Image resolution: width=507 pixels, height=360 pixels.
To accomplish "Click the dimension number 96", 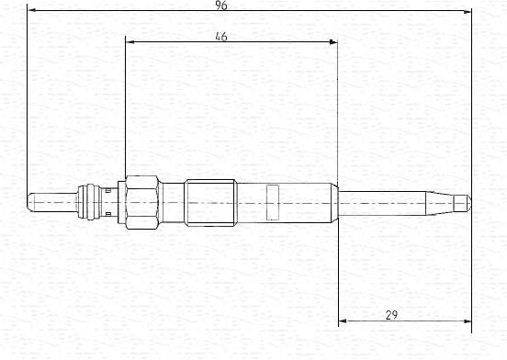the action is [221, 6].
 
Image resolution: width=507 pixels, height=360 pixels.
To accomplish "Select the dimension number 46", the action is [221, 37].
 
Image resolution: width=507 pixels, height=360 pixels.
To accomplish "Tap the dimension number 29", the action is [391, 315].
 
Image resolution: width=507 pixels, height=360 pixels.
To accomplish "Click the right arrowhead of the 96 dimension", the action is [468, 12].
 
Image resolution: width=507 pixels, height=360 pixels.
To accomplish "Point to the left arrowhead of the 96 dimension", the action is [31, 10].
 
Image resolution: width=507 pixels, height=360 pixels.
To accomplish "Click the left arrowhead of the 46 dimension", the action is [130, 41].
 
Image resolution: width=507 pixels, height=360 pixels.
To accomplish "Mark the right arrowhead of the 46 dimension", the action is [333, 41].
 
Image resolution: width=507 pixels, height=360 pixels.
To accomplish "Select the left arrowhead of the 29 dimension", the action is [343, 321].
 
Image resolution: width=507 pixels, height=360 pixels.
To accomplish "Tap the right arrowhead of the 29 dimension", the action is [468, 321].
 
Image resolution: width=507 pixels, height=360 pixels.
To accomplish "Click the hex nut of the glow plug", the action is [142, 203].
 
